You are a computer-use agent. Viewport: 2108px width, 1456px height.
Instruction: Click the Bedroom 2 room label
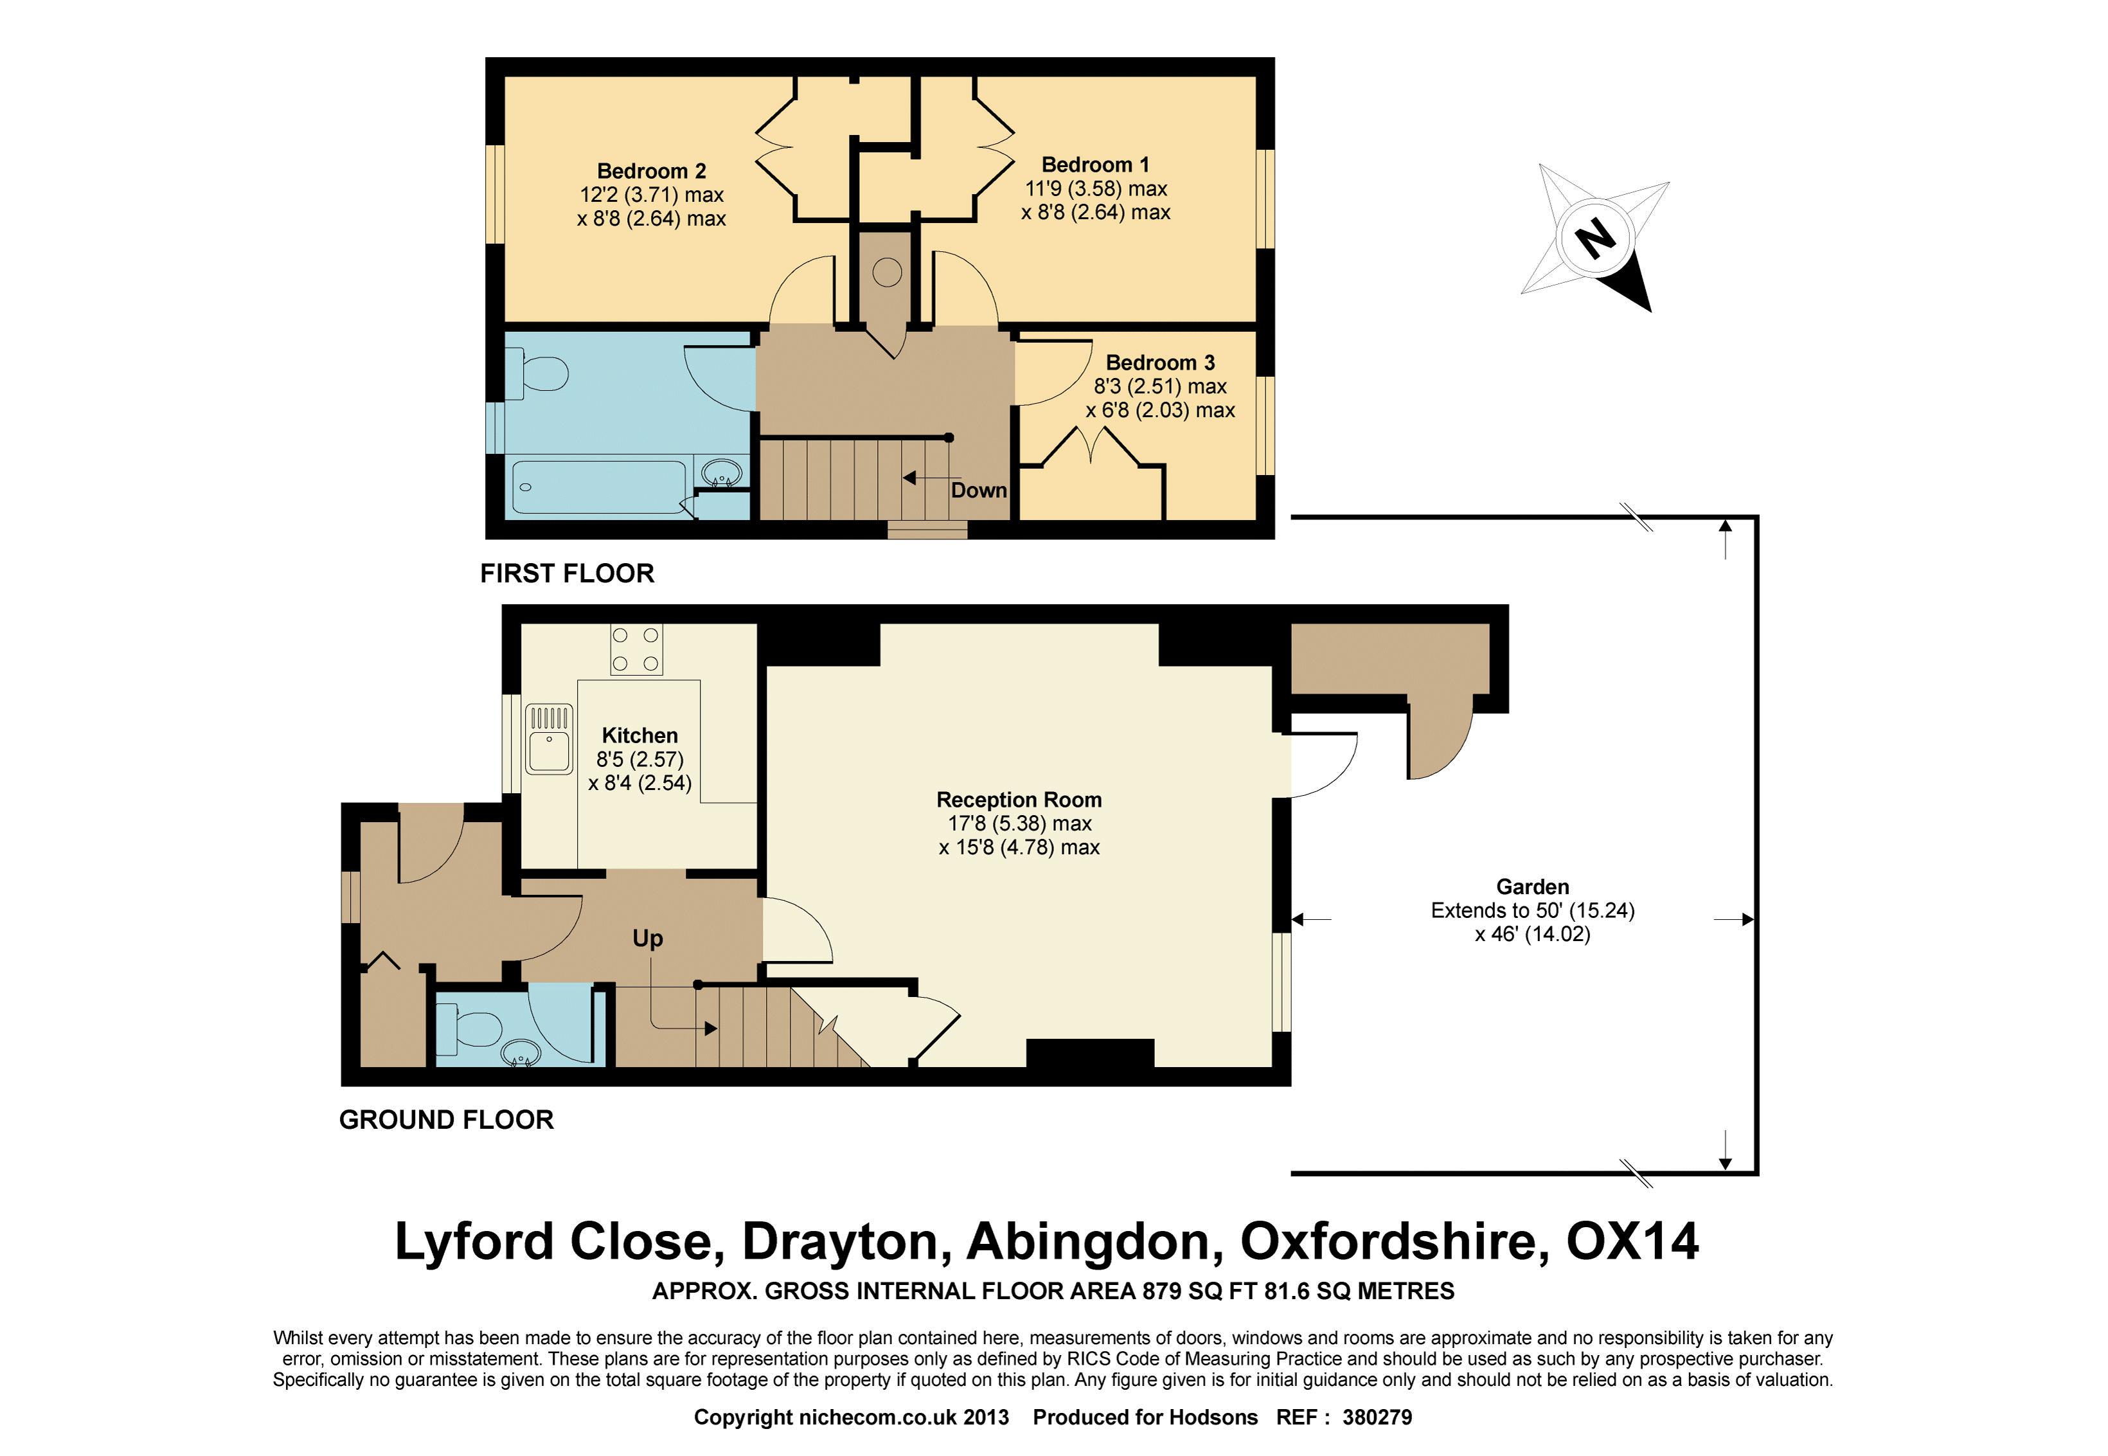(651, 170)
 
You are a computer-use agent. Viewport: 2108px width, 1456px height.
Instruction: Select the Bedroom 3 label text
(1160, 362)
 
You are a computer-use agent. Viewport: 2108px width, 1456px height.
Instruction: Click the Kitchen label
(639, 735)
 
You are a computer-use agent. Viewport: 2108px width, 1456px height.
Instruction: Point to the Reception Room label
(1019, 799)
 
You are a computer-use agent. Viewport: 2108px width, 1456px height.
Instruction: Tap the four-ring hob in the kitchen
(636, 649)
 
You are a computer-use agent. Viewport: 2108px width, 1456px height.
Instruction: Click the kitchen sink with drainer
(549, 739)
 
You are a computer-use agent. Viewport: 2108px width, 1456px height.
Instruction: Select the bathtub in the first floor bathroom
(599, 486)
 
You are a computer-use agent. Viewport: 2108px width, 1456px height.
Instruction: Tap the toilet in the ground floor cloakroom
(467, 1028)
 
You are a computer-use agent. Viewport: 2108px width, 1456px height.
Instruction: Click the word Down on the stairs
(979, 490)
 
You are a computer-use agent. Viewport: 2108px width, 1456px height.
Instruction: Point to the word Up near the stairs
(648, 939)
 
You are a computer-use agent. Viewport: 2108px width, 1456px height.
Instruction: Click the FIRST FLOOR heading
(567, 573)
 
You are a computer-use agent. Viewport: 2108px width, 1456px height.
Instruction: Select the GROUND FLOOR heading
(446, 1119)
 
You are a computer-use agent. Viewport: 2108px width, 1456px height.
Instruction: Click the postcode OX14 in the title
(1632, 1241)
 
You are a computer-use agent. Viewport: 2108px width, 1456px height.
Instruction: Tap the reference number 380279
(1377, 1417)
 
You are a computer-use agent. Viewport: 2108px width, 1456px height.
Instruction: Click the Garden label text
(1532, 886)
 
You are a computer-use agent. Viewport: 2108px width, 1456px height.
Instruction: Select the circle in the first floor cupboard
(887, 271)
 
